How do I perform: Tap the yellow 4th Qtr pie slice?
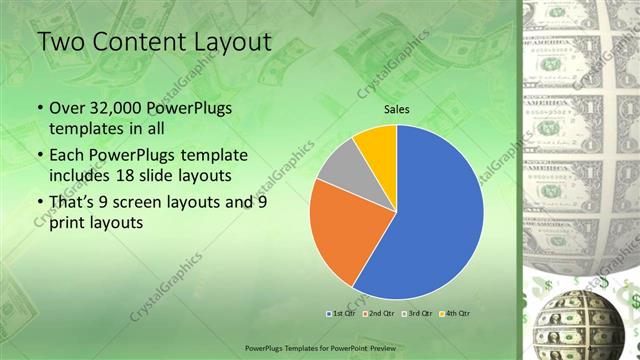tap(378, 142)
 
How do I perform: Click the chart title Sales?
tap(397, 110)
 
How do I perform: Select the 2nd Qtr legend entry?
tap(378, 313)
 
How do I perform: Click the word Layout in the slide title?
tap(221, 43)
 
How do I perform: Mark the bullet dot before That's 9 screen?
tap(39, 203)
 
